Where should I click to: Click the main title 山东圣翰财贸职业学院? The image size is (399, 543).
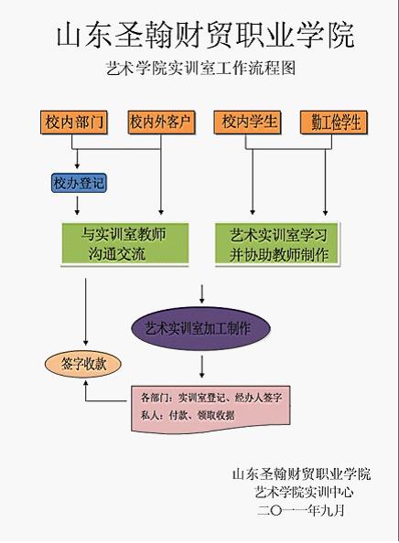[x=205, y=35]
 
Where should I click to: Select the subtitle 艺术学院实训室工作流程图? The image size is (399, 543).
[x=200, y=68]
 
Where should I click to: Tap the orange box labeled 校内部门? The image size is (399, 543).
[x=74, y=122]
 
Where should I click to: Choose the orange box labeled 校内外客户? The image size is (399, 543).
[x=161, y=122]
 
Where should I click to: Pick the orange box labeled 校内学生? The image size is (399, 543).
[x=247, y=122]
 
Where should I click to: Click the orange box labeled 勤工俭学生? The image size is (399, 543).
[x=333, y=122]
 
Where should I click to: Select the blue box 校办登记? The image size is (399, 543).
[x=79, y=183]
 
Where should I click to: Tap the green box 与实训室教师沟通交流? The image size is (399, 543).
[x=124, y=244]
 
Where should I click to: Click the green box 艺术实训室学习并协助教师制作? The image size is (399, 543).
[x=278, y=244]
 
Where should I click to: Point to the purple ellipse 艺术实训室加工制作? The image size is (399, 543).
[x=200, y=328]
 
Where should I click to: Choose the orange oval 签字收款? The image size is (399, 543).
[x=83, y=365]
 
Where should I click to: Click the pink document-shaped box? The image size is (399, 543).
[x=210, y=409]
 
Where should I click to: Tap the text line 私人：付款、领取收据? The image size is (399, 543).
[x=188, y=415]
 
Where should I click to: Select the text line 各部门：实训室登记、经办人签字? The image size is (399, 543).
[x=211, y=398]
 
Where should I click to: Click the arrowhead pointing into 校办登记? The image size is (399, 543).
[x=77, y=165]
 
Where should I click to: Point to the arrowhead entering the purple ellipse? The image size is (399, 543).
[x=201, y=300]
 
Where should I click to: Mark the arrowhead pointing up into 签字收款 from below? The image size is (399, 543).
[x=86, y=383]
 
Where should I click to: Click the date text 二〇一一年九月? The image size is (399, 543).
[x=301, y=510]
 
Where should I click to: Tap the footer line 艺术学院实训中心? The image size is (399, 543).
[x=304, y=492]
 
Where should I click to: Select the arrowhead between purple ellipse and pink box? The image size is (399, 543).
[x=202, y=374]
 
